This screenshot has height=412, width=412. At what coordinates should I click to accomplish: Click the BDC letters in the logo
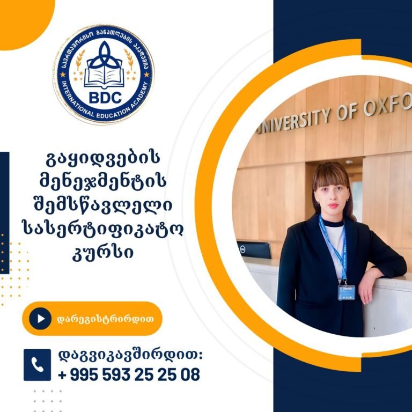click(x=105, y=97)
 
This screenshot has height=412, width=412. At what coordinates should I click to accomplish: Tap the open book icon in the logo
click(x=104, y=76)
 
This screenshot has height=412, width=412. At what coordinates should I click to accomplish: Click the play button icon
click(x=40, y=319)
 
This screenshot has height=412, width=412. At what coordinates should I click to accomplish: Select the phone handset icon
click(x=38, y=365)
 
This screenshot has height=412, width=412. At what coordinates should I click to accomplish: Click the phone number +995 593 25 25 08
click(x=129, y=374)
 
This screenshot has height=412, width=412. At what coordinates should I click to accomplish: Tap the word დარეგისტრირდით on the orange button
click(x=105, y=319)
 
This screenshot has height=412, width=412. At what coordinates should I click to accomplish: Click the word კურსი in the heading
click(x=103, y=252)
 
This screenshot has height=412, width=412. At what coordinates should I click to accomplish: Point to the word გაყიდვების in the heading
click(x=103, y=159)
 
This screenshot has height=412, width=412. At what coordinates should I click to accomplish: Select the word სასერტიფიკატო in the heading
click(x=103, y=229)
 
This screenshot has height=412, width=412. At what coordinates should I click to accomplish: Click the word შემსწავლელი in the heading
click(x=103, y=205)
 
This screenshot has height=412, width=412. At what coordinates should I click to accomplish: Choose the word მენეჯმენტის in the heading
click(x=103, y=182)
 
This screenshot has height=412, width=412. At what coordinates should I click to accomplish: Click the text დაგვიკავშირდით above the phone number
click(x=130, y=356)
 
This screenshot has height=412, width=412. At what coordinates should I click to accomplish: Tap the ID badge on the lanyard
click(x=347, y=292)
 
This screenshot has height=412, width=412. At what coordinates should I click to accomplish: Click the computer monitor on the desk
click(x=254, y=250)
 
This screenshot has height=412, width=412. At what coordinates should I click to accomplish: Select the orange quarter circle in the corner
click(x=24, y=21)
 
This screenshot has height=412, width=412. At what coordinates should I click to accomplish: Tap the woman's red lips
click(x=333, y=205)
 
